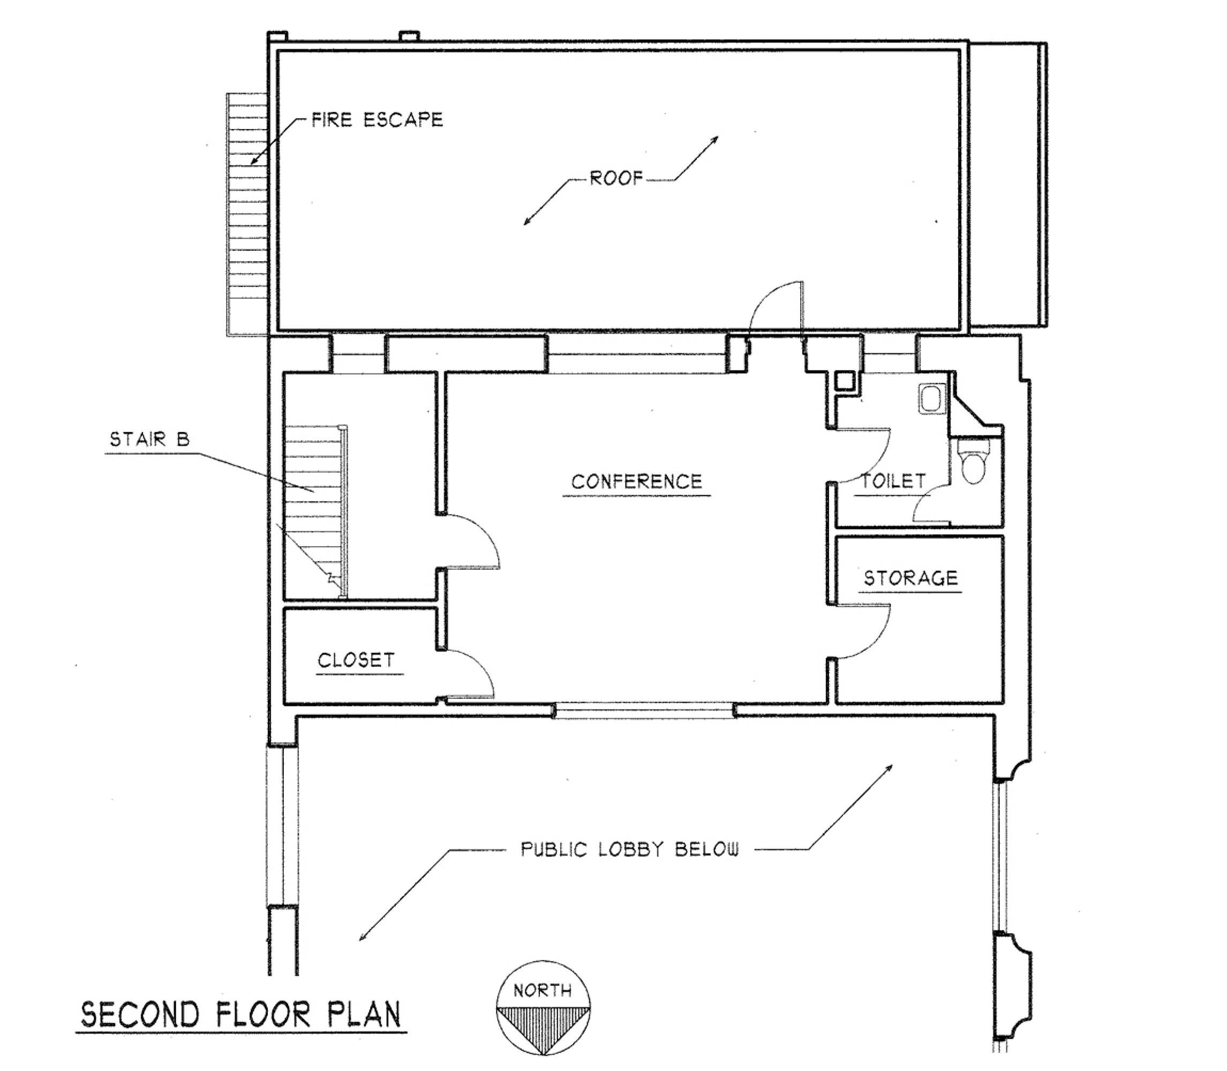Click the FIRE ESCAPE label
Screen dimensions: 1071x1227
click(x=377, y=119)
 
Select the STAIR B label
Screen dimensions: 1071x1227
click(x=149, y=440)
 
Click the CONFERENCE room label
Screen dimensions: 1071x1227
click(x=636, y=482)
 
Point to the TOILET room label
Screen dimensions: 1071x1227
click(x=893, y=480)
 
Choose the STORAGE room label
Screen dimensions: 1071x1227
click(x=911, y=578)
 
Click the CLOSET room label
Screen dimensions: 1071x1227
click(x=356, y=660)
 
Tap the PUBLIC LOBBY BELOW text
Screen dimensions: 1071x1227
click(x=630, y=849)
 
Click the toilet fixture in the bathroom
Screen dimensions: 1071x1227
click(x=974, y=461)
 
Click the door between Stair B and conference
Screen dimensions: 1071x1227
click(x=472, y=541)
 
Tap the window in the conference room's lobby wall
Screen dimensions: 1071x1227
click(x=643, y=711)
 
